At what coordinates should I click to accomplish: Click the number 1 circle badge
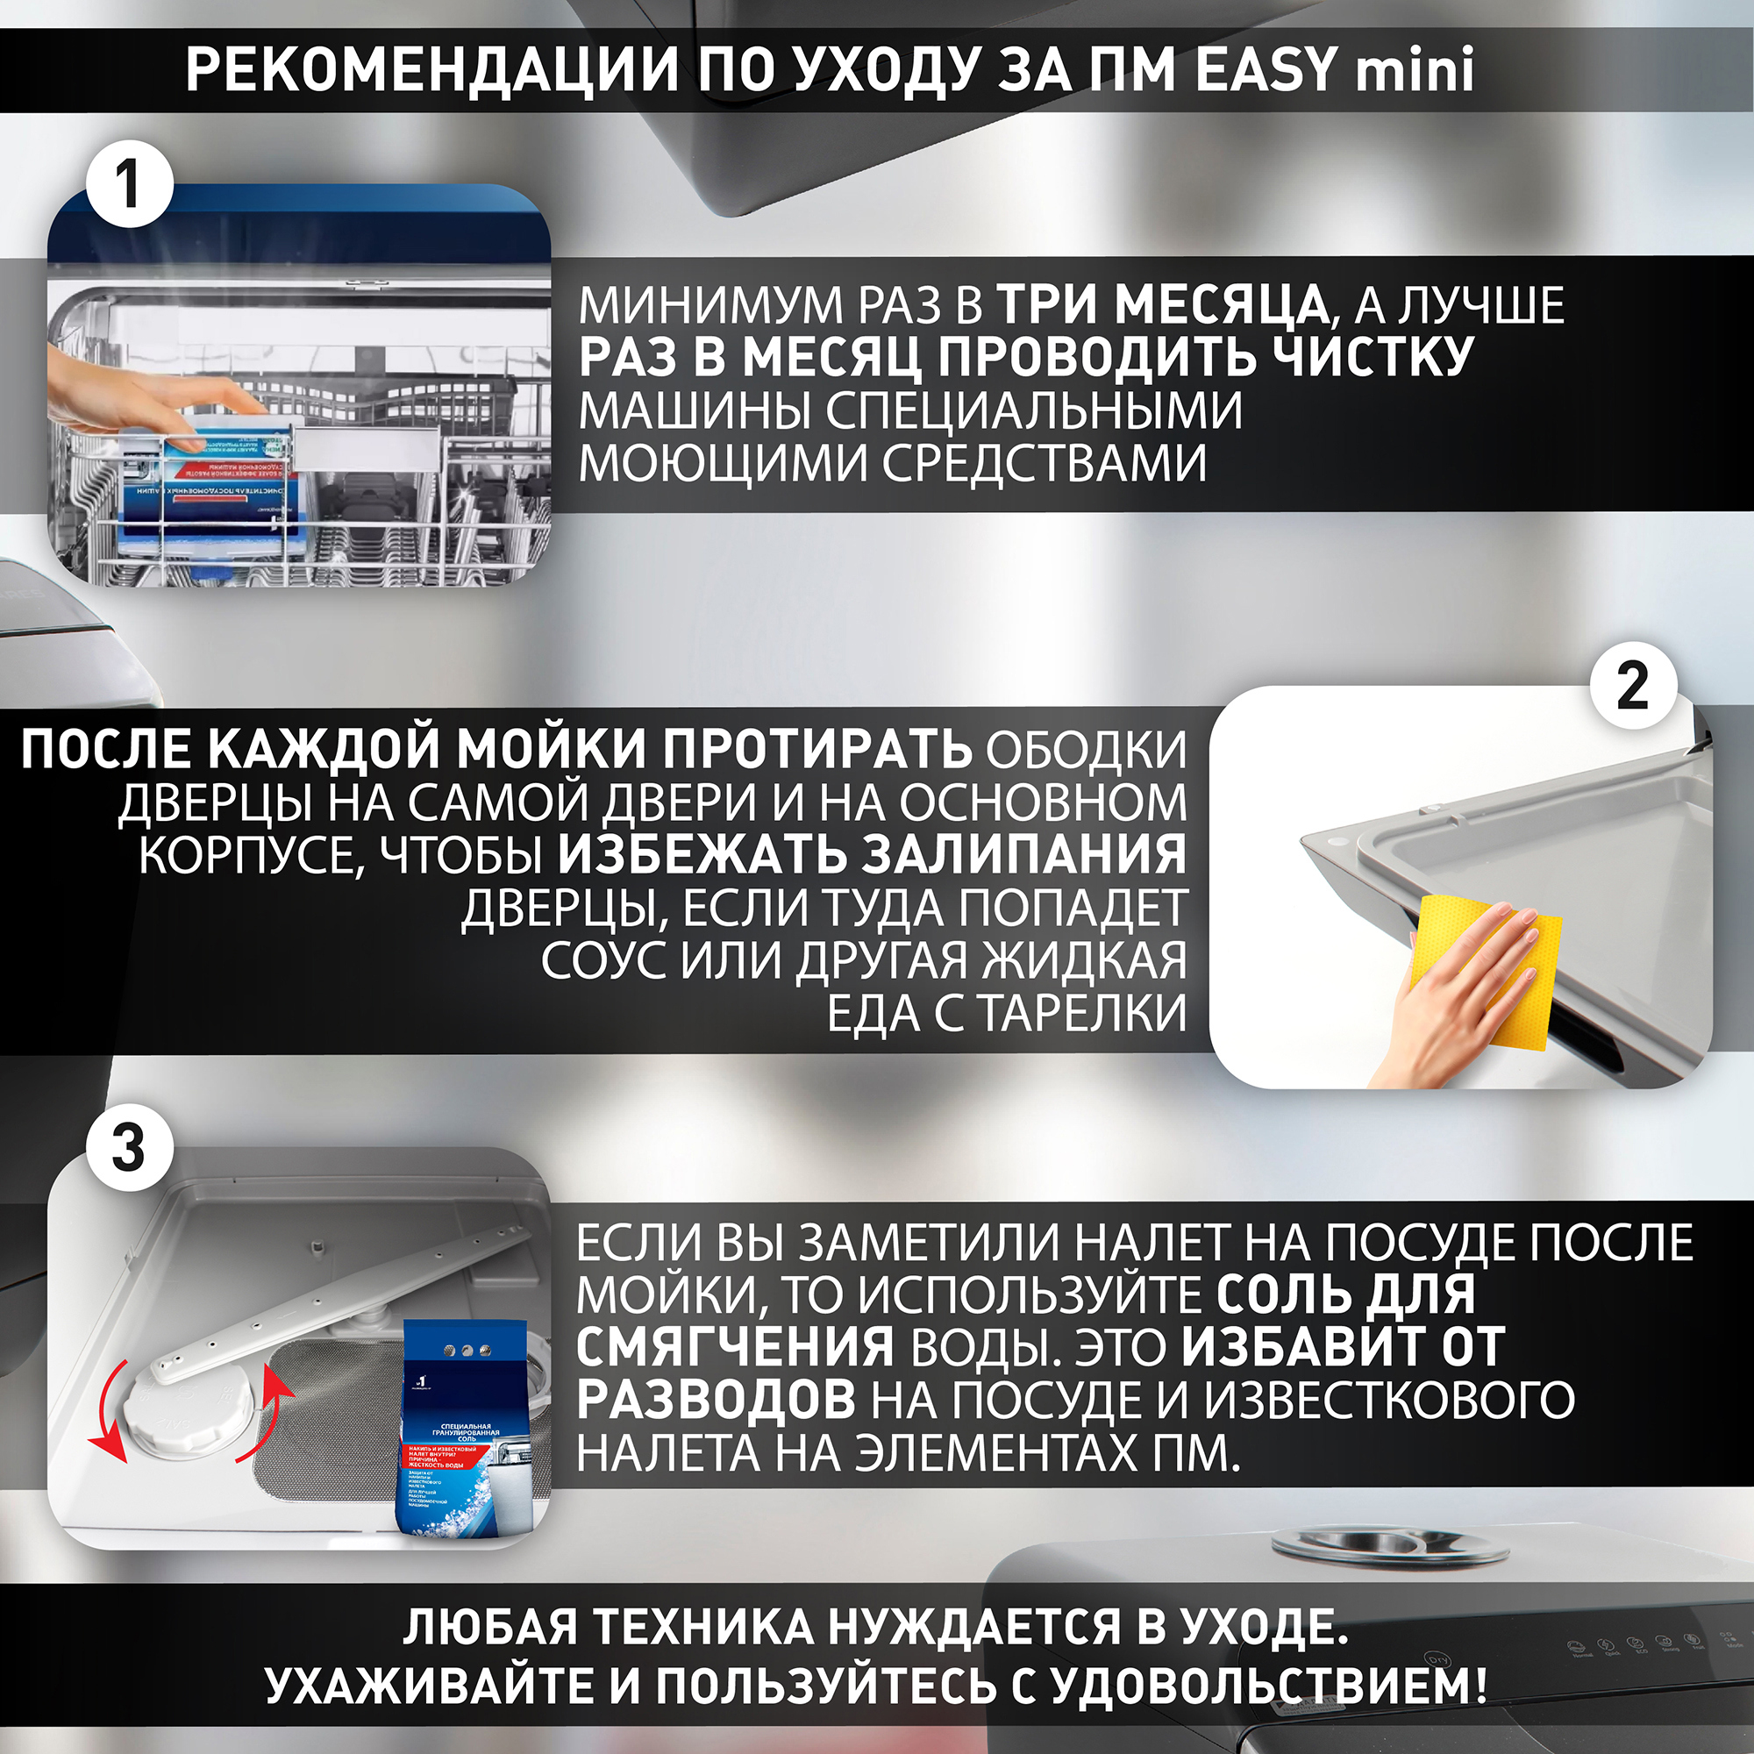tap(128, 185)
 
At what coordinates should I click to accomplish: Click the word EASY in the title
tap(1266, 69)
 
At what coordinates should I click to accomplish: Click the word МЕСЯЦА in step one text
tap(1220, 305)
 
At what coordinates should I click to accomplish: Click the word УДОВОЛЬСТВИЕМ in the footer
tap(1266, 1686)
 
